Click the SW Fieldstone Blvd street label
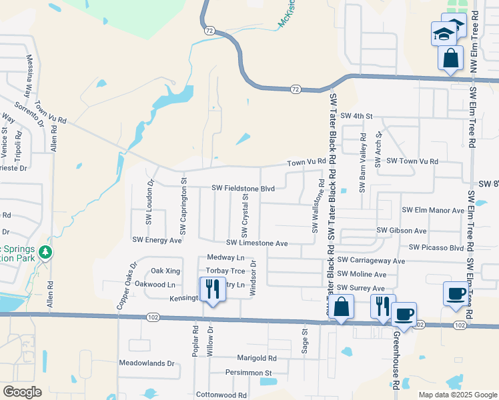[x=243, y=189]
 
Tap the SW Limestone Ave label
[x=256, y=244]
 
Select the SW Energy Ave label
[x=157, y=240]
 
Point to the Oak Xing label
[x=165, y=271]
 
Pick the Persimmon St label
[x=249, y=373]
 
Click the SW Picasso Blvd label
[x=436, y=247]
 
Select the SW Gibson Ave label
[x=402, y=231]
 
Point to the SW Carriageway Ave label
[x=371, y=261]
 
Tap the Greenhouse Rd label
[x=396, y=360]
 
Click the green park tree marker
[x=45, y=252]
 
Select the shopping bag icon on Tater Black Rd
[x=341, y=307]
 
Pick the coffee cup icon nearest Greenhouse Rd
[x=404, y=313]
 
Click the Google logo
[x=22, y=392]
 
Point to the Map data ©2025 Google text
[x=457, y=395]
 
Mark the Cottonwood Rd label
[x=221, y=395]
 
